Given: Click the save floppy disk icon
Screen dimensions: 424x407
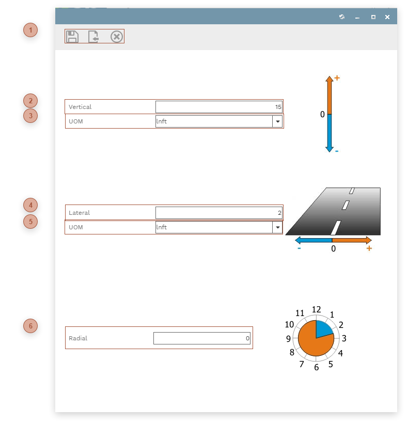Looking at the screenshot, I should coord(72,37).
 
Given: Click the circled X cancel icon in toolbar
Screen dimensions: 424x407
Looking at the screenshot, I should coord(117,37).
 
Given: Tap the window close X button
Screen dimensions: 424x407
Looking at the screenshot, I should coord(387,17).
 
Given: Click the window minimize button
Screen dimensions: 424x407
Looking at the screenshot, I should coord(357,17).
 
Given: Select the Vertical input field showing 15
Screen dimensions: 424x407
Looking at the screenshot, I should coord(218,107).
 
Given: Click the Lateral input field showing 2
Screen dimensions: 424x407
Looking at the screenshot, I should coord(218,213).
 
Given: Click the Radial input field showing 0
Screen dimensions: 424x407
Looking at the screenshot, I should coord(201,338).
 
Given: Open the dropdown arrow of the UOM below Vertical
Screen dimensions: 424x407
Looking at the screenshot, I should coord(277,121).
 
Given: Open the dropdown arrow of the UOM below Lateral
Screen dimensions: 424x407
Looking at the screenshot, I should coord(277,227).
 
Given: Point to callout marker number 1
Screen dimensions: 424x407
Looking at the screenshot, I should coord(30,30).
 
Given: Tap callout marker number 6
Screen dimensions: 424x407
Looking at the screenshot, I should coord(30,326).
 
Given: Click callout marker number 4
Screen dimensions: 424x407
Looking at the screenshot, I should coord(30,205).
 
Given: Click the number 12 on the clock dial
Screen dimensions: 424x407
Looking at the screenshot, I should coord(317,309).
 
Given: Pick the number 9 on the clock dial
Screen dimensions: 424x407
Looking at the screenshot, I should coord(289,339).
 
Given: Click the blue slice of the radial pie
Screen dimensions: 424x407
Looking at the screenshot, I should coord(323,328).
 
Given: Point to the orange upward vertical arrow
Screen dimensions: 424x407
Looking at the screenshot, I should coord(330,95).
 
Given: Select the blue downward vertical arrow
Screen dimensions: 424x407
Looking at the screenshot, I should coord(330,132).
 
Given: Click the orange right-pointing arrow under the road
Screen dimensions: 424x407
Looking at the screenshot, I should coord(351,240).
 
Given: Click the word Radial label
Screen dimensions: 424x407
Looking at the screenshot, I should coord(78,338).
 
